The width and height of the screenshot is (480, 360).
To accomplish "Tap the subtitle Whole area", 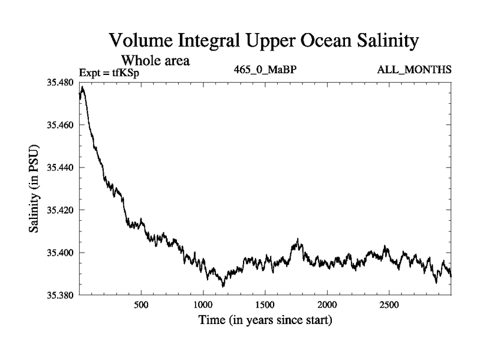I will [x=157, y=61].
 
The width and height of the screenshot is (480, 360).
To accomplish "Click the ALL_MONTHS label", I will [x=414, y=70].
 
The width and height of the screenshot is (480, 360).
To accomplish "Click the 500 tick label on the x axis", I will [x=141, y=305].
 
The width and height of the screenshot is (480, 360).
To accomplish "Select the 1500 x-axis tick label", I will [x=265, y=305].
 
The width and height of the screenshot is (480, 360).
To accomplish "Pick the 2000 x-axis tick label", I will [x=327, y=305].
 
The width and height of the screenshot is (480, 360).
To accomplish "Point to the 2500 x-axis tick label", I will [x=389, y=305].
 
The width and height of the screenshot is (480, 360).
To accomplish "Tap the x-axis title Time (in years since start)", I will [x=265, y=321].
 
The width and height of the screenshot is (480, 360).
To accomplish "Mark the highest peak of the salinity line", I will [x=82, y=87].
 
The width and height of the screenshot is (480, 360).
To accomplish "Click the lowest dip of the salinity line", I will [x=223, y=286].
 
